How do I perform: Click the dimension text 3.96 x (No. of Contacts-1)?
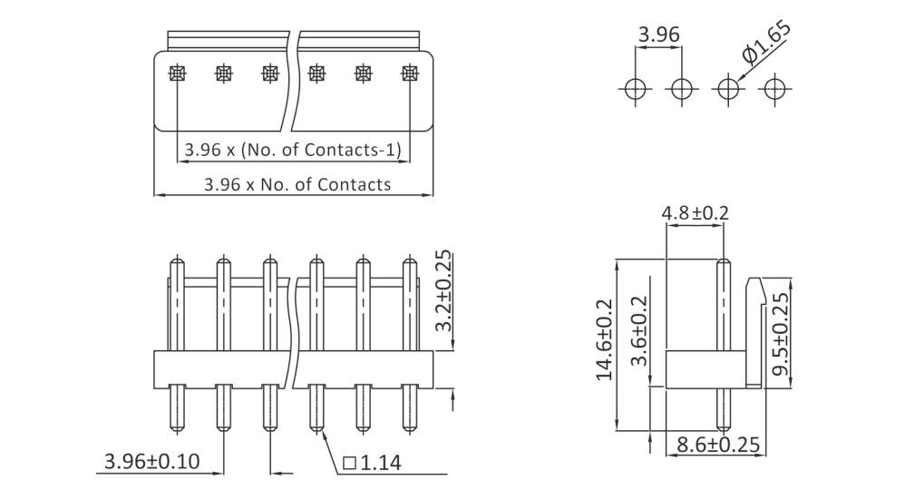tap(292, 149)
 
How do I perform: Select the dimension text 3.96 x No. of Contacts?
tap(297, 184)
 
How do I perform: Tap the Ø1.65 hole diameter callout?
tap(767, 44)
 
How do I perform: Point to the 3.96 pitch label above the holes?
tap(659, 35)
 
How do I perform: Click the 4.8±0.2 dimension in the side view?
tap(696, 213)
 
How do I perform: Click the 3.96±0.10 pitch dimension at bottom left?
tap(152, 461)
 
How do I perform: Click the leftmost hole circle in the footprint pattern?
tap(635, 89)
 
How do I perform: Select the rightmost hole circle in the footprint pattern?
tap(774, 89)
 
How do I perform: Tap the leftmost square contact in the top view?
tap(177, 74)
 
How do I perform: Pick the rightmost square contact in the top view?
tap(410, 74)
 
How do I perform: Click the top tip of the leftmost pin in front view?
tap(177, 260)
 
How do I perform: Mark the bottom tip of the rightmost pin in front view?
tap(410, 428)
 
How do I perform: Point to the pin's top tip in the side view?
tap(723, 262)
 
